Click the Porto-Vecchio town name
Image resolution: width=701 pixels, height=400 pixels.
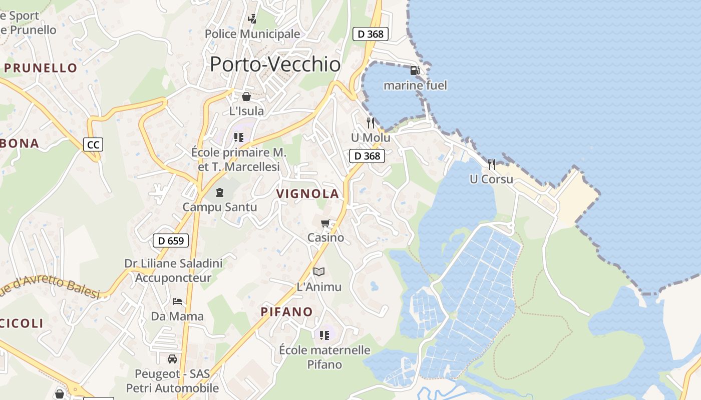pos(275,64)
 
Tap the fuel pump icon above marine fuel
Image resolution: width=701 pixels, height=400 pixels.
pos(415,70)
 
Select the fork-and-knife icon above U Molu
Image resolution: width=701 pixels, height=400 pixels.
pos(371,122)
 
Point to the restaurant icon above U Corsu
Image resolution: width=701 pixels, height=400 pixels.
pos(492,164)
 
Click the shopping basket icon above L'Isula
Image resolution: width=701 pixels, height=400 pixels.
pos(246,96)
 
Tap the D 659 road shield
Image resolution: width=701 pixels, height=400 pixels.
pos(171,240)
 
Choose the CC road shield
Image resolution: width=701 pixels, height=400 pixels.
pos(93,145)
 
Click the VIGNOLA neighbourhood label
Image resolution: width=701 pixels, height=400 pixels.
pos(308,193)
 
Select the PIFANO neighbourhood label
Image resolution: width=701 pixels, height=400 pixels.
pos(287,312)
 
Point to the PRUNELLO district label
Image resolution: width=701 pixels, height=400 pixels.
pos(41,68)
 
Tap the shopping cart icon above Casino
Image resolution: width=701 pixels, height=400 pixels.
pos(325,223)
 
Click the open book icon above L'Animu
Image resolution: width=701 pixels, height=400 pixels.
pos(319,271)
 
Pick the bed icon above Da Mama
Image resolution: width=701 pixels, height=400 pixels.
pos(177,301)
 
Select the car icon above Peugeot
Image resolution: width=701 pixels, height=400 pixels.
pos(172,358)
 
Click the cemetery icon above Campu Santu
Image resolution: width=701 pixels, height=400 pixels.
pos(219,192)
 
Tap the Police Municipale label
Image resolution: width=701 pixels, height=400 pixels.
pos(252,34)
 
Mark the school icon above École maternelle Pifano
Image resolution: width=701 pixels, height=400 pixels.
pos(324,335)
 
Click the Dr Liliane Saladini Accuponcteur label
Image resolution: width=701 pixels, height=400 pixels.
pos(173,270)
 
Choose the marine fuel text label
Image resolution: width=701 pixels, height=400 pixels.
pos(415,85)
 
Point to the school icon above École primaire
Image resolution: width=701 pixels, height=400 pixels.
pos(239,137)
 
